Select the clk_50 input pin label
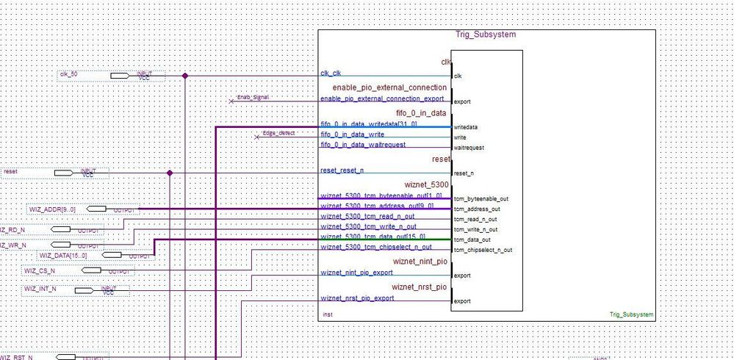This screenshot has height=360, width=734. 69,74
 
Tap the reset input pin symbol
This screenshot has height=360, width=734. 73,173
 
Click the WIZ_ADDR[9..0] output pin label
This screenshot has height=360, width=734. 52,209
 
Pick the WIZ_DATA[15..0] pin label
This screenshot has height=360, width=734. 63,256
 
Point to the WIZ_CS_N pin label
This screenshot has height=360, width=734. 40,270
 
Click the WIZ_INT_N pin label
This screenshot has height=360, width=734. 40,289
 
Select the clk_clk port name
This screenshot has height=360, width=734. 331,73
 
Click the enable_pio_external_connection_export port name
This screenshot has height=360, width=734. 382,98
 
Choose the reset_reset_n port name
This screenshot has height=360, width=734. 342,170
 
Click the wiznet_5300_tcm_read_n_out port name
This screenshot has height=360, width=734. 367,217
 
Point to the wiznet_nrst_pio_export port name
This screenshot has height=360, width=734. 357,298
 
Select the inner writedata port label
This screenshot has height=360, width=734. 466,127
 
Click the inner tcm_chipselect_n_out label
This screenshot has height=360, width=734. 483,250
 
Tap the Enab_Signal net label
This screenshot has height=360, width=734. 253,97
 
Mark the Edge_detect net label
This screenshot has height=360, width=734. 278,133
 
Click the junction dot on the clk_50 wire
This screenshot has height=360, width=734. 184,75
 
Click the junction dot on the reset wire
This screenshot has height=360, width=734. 170,173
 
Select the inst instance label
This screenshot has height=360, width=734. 328,314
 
